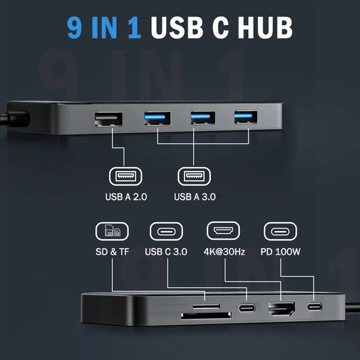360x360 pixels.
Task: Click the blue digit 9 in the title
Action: pos(74,28)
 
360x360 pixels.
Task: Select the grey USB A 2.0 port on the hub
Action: pos(109,119)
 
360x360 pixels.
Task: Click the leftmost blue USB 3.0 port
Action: pos(157,118)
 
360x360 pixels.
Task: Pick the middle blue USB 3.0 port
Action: pos(203,118)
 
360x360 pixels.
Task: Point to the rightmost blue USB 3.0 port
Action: pos(246,117)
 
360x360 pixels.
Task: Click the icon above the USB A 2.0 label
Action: pos(126,176)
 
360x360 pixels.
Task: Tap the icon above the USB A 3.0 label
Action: pos(195,176)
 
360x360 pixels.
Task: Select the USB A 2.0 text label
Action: pos(126,197)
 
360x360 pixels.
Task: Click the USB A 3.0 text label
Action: pos(195,197)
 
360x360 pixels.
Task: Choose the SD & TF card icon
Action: pos(112,232)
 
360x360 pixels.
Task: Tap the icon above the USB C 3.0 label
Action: pos(166,232)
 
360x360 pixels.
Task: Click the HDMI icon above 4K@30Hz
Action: pos(223,231)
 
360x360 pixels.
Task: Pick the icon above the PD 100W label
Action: pos(280,232)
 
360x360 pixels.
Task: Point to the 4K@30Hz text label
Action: pos(224,252)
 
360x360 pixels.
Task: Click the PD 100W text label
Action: pos(280,252)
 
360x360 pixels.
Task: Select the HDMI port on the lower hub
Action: pos(282,309)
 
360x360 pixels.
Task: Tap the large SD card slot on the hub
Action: pos(206,315)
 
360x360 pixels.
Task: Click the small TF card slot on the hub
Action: pos(206,306)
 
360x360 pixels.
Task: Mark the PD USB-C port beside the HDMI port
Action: pos(315,307)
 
